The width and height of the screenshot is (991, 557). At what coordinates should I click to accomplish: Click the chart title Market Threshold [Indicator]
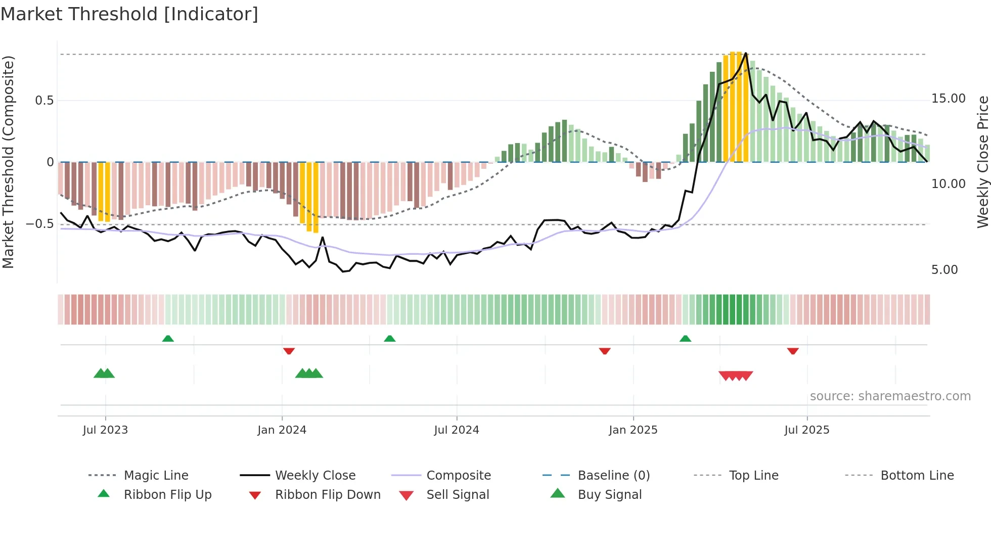point(129,14)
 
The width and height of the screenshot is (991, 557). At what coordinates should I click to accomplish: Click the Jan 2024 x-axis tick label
point(282,430)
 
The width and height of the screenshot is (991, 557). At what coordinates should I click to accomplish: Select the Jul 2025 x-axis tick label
point(806,430)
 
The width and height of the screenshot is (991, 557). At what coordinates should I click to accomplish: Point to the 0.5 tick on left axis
point(44,101)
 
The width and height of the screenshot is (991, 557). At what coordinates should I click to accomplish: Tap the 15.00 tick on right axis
point(948,99)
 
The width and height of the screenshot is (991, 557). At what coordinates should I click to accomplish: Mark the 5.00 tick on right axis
point(944,270)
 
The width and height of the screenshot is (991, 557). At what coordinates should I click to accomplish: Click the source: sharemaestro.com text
point(890,396)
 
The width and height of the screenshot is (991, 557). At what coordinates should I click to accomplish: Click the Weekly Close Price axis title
point(982,162)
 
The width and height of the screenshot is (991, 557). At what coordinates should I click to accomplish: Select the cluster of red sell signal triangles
point(736,376)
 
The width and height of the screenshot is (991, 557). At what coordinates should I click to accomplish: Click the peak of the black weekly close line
point(746,53)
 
